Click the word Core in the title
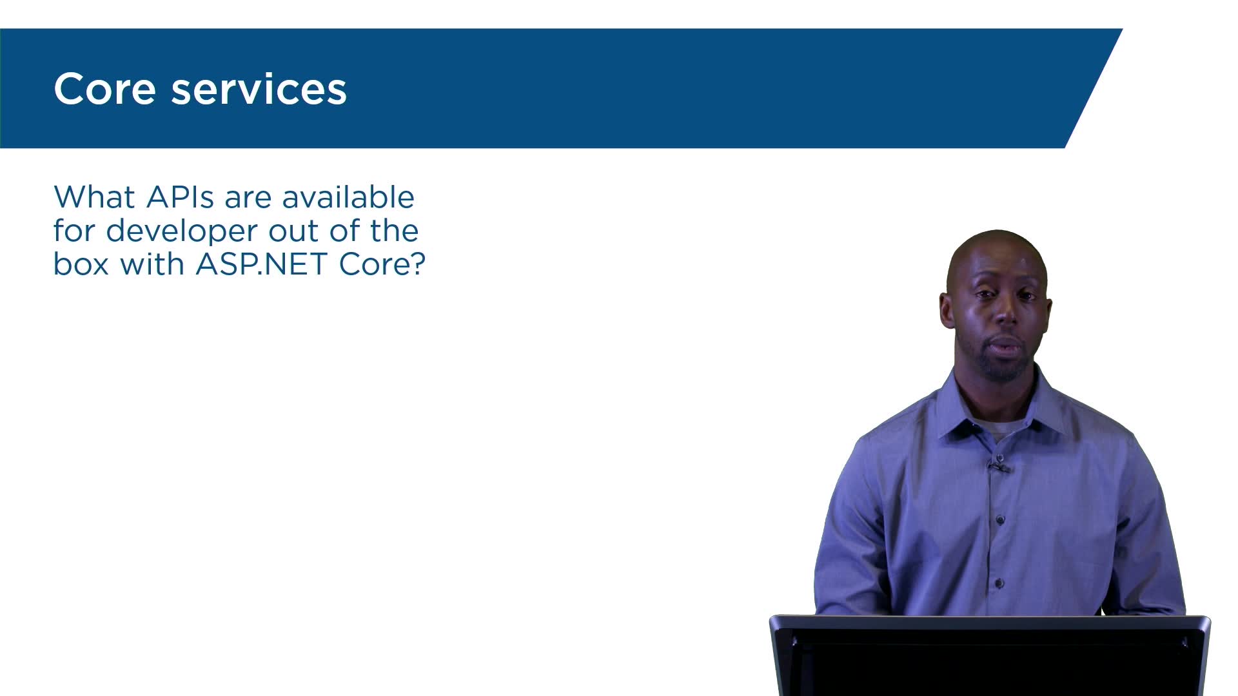pyautogui.click(x=104, y=89)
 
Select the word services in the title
pyautogui.click(x=259, y=89)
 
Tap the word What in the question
pyautogui.click(x=95, y=197)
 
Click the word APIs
pyautogui.click(x=181, y=197)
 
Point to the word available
pyautogui.click(x=348, y=197)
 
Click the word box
pyautogui.click(x=81, y=264)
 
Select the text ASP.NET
pyautogui.click(x=261, y=264)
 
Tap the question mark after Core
pyautogui.click(x=418, y=264)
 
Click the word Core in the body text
pyautogui.click(x=373, y=264)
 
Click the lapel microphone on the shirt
pyautogui.click(x=998, y=466)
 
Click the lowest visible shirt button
pyautogui.click(x=999, y=584)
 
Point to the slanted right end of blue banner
pyautogui.click(x=1094, y=88)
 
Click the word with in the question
pyautogui.click(x=152, y=264)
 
